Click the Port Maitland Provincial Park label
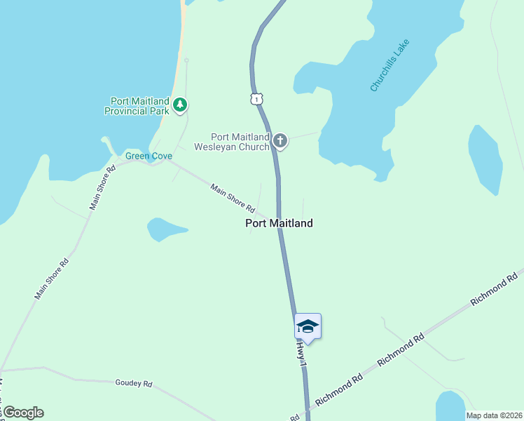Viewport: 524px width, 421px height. click(137, 106)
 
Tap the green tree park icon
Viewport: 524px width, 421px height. click(181, 105)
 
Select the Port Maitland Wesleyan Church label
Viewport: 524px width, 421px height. click(240, 142)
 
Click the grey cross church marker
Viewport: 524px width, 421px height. click(280, 141)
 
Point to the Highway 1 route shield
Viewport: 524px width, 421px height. click(257, 99)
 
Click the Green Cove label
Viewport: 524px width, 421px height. click(149, 156)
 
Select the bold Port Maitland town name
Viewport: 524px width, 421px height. click(279, 223)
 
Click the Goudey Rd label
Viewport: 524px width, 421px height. click(133, 383)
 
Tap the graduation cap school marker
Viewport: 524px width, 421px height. click(308, 326)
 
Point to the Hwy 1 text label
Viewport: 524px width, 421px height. click(301, 353)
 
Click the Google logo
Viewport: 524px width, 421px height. click(22, 413)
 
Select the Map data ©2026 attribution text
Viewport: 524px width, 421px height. click(494, 415)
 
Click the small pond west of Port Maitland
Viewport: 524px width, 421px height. click(164, 229)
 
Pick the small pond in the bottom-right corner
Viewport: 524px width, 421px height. click(450, 406)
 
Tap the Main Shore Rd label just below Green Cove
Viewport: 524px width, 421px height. click(102, 187)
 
